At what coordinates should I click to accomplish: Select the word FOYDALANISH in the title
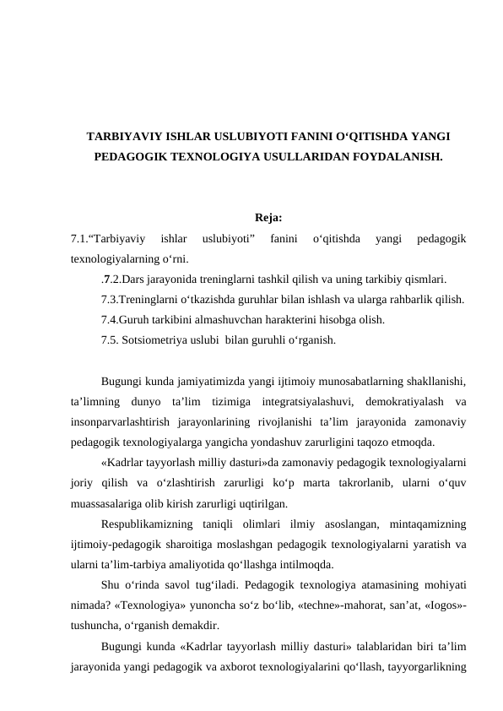pyautogui.click(x=395, y=157)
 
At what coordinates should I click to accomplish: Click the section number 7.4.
pyautogui.click(x=109, y=320)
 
